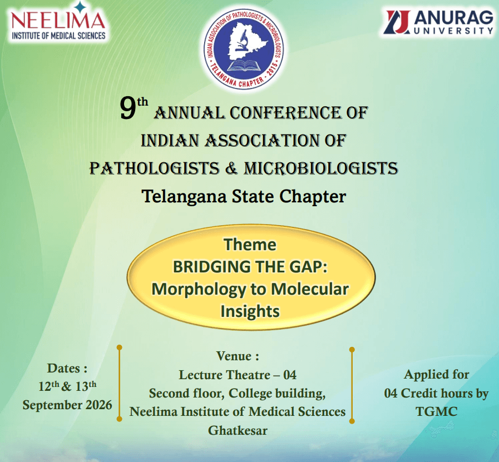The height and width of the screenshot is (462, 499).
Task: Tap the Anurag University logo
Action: point(439,22)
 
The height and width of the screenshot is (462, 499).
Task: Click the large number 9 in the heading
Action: point(128,109)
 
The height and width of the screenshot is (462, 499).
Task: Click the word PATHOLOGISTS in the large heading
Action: point(154,168)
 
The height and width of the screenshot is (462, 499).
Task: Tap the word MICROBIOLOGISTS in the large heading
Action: point(321,168)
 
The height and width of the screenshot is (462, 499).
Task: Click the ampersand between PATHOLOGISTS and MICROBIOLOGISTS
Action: point(231,168)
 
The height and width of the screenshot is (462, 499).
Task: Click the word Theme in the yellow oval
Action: point(250,245)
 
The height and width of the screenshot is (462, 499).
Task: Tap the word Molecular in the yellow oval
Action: point(310,289)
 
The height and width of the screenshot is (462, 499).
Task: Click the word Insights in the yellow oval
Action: point(250,311)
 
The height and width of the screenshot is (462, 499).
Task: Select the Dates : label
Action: point(67,368)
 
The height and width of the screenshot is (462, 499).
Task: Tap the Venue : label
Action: point(238,356)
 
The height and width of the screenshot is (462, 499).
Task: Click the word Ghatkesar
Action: point(238,430)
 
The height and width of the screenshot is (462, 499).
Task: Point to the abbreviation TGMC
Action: point(436,411)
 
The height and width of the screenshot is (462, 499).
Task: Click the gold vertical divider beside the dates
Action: point(120,383)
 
